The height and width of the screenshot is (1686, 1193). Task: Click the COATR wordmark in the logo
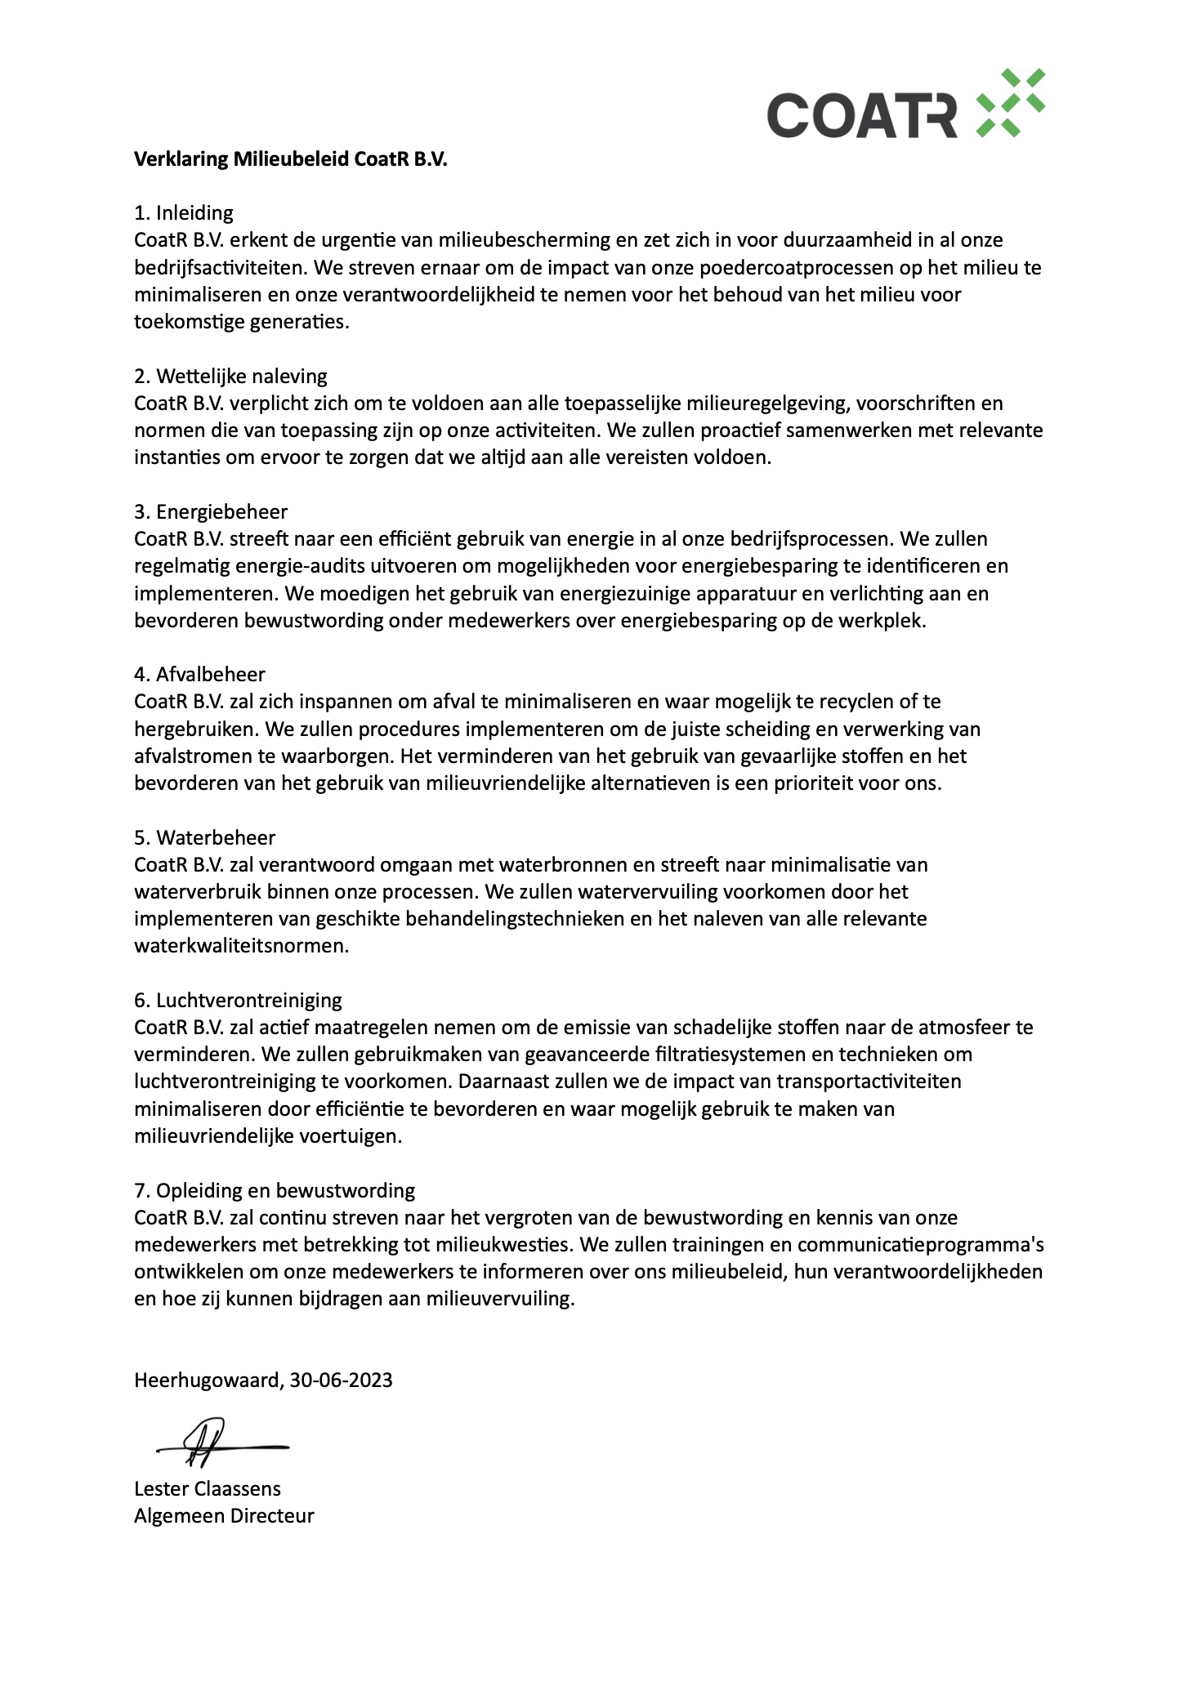[861, 114]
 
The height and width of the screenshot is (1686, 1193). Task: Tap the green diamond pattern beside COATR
[1012, 103]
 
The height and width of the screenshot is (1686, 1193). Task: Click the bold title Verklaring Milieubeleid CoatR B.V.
[291, 158]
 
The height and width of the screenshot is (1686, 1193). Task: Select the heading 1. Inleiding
[184, 213]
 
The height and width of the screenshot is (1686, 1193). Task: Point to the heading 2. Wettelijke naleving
[230, 376]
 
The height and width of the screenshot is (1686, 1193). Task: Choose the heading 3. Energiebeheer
[211, 511]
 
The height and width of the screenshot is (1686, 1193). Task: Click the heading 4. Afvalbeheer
[199, 674]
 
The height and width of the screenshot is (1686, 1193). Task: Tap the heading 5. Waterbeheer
[204, 837]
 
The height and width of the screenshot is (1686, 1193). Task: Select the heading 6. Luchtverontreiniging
[238, 1000]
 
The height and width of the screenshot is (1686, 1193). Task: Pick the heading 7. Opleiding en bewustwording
[275, 1190]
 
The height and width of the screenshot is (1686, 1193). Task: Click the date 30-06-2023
[342, 1380]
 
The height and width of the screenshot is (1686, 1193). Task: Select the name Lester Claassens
[208, 1488]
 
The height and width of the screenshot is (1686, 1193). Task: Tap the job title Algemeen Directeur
[224, 1516]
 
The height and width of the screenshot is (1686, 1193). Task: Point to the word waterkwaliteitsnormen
[241, 946]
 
